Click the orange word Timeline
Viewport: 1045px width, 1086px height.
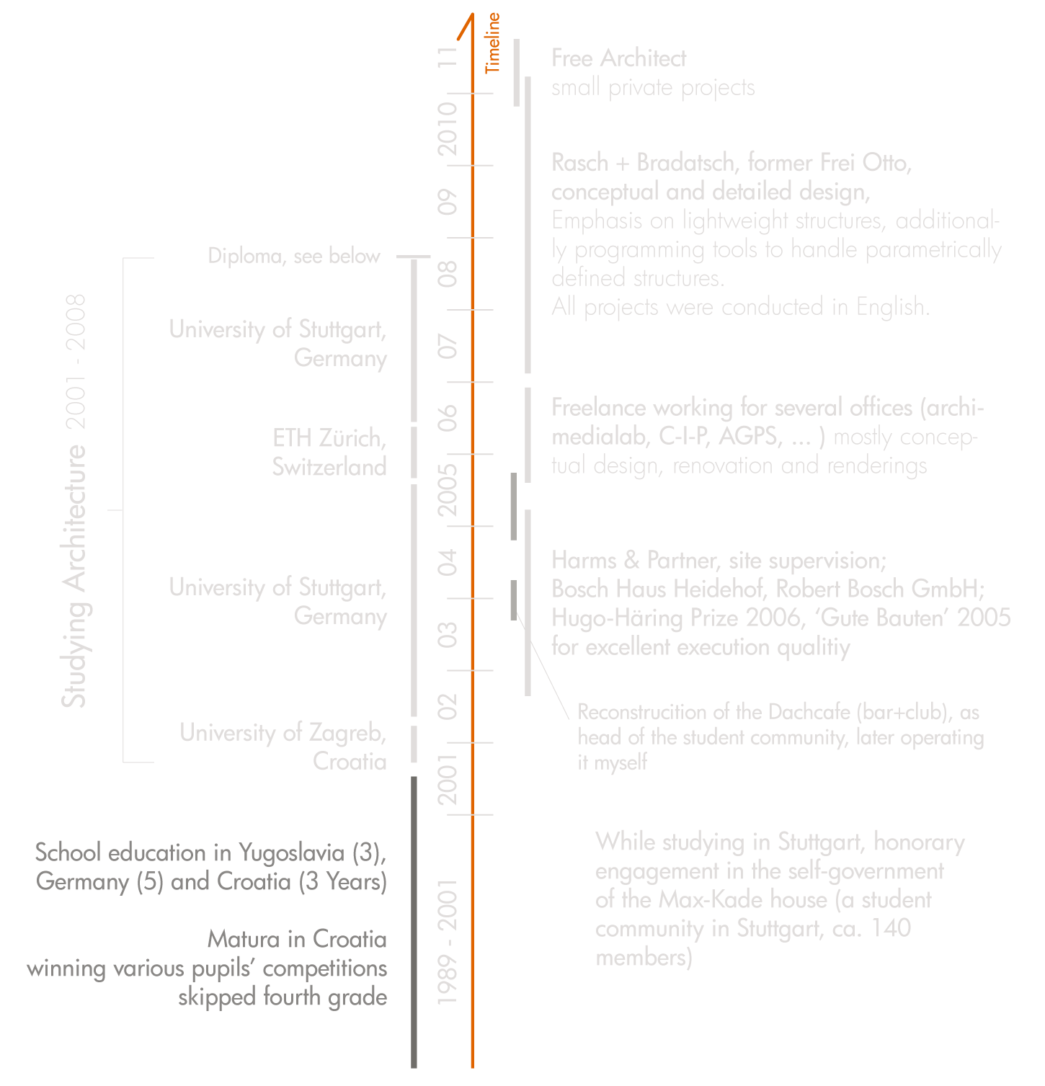(x=493, y=43)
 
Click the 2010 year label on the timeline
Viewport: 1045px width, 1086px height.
(x=448, y=128)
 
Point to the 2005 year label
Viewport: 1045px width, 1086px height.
(x=448, y=489)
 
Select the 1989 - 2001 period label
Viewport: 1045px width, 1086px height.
(x=448, y=941)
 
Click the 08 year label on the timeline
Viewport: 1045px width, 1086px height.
(x=448, y=274)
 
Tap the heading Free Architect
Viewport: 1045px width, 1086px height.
(x=618, y=58)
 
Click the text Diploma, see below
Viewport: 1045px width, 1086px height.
(x=293, y=256)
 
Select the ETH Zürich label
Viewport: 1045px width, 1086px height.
(x=329, y=438)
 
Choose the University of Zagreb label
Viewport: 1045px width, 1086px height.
(x=283, y=733)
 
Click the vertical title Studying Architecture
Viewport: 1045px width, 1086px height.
(x=74, y=577)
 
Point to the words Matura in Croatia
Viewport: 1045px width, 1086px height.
(x=297, y=939)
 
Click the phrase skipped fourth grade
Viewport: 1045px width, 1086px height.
(x=283, y=997)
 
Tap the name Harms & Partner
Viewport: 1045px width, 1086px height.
(x=633, y=561)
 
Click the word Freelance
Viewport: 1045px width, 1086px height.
(x=599, y=408)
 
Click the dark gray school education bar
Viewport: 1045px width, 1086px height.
(x=414, y=922)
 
